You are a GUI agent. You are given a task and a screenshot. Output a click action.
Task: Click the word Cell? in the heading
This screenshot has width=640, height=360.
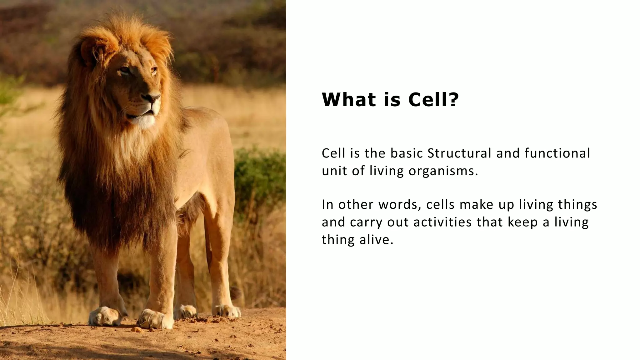433,100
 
